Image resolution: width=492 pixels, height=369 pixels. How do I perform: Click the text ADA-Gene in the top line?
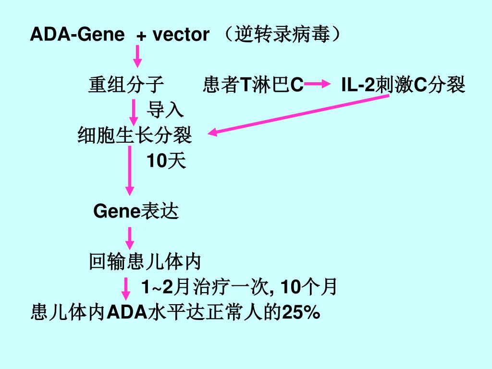(x=77, y=35)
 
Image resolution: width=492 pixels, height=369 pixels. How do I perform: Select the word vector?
(x=181, y=35)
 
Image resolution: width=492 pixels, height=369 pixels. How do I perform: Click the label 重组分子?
(x=126, y=85)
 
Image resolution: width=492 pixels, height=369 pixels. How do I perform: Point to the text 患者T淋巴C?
(x=253, y=85)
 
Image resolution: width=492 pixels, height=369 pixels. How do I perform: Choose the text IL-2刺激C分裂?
(x=403, y=85)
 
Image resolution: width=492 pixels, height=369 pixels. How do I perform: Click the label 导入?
(x=165, y=110)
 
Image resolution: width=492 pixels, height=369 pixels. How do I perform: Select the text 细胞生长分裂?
(x=135, y=136)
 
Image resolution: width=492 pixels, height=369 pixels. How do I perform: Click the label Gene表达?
(x=136, y=211)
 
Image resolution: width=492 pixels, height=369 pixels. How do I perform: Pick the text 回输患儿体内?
(x=145, y=262)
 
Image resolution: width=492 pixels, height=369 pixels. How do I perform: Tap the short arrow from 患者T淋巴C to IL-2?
(x=315, y=85)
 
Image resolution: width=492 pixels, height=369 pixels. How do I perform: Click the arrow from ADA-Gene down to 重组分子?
(x=137, y=57)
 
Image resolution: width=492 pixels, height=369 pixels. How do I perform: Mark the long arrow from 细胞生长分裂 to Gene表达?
(x=130, y=171)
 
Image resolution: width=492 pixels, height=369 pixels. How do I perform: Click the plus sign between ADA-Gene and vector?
(x=141, y=36)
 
